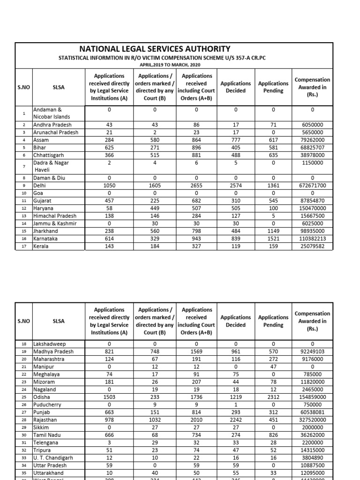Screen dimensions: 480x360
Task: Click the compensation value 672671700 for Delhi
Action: point(312,185)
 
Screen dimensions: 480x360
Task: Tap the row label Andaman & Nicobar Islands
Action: point(51,113)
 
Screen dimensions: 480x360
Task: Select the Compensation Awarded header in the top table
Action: point(312,87)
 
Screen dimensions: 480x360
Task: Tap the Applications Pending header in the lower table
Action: point(273,321)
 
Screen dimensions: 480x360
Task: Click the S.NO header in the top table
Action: point(23,87)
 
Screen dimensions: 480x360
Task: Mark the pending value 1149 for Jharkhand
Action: point(273,231)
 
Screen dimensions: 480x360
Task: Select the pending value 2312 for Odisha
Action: point(273,397)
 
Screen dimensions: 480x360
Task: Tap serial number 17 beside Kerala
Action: point(23,247)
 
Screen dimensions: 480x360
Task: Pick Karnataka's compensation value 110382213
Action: point(312,239)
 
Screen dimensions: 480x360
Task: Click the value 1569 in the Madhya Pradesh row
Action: point(196,352)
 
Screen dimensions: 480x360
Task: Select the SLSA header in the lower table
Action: point(59,321)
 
